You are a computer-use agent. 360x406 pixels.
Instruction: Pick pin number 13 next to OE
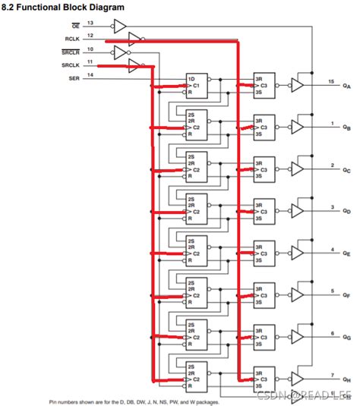pos(90,23)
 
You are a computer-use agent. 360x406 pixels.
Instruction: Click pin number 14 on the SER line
pos(90,74)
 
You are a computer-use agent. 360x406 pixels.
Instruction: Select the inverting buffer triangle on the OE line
pos(118,27)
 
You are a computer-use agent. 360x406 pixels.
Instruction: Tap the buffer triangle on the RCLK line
pos(134,38)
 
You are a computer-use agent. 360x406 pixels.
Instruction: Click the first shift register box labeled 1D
pos(197,86)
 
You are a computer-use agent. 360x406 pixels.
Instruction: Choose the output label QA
pos(346,86)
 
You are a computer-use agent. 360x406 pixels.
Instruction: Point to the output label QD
pos(346,211)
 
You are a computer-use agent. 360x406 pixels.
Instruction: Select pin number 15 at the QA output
pos(330,80)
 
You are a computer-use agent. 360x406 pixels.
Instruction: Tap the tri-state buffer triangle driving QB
pos(298,127)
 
